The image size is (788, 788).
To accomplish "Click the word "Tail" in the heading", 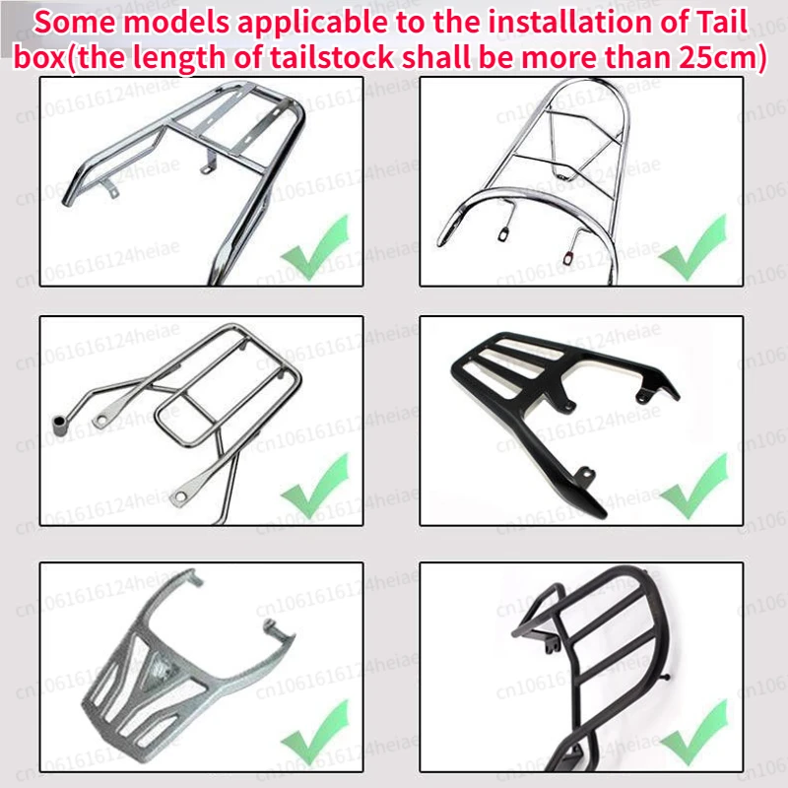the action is [719, 22].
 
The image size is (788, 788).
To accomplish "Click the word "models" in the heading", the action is [177, 23].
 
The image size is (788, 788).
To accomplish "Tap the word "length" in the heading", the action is [179, 57].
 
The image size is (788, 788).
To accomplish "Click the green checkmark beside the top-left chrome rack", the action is [315, 247].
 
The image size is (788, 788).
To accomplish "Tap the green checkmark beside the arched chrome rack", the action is [693, 247].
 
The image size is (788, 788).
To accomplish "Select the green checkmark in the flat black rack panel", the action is [694, 486].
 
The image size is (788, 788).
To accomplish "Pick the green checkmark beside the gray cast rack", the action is [315, 732].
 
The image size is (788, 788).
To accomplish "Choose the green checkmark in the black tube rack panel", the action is [694, 732].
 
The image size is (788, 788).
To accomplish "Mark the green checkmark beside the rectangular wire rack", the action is [315, 486].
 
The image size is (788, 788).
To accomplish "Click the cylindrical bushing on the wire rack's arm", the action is [60, 425].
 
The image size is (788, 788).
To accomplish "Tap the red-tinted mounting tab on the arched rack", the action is [569, 257].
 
